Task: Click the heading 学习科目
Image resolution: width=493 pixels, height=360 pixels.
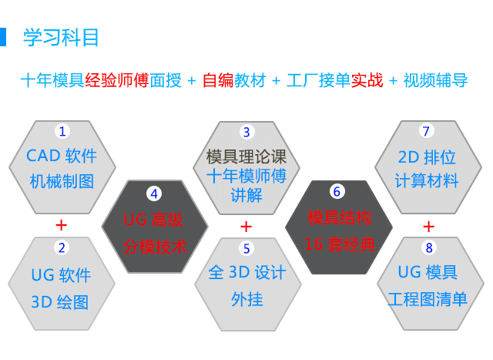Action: click(x=61, y=38)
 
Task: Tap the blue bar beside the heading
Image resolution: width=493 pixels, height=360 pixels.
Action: click(x=3, y=37)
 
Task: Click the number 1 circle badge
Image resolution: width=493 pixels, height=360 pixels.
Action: click(x=62, y=131)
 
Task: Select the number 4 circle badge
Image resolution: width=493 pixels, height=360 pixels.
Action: click(x=154, y=193)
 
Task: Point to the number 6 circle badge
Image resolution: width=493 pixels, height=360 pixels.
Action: click(x=337, y=191)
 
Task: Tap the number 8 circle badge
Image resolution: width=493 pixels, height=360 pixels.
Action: click(x=429, y=247)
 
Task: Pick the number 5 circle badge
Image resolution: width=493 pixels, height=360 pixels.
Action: click(x=246, y=248)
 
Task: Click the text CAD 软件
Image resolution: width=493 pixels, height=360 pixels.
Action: click(x=62, y=156)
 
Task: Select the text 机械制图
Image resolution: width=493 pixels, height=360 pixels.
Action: click(x=62, y=182)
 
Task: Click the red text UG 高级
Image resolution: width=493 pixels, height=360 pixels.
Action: click(x=153, y=220)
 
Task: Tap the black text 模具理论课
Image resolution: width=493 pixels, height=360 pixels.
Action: click(x=246, y=156)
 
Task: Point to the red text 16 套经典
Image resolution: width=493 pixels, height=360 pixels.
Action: click(x=340, y=244)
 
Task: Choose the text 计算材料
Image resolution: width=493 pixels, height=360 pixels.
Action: click(x=427, y=180)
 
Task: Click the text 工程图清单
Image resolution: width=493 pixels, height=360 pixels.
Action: click(x=428, y=299)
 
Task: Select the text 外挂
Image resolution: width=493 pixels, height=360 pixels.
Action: click(x=246, y=299)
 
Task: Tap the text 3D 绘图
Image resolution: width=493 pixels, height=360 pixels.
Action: click(x=60, y=302)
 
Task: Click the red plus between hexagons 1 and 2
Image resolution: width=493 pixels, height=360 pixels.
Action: click(x=62, y=225)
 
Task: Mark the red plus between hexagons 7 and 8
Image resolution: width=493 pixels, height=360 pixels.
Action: click(x=429, y=227)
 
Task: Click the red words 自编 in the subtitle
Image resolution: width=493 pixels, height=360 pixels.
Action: click(x=218, y=80)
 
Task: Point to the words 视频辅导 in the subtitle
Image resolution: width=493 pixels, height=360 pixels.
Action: click(x=435, y=80)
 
